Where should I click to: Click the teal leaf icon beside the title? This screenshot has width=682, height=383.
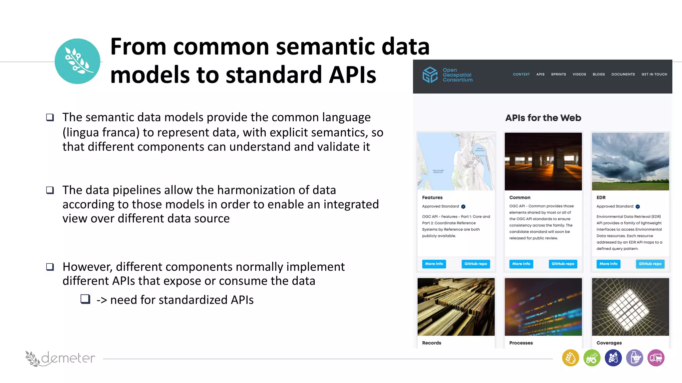(77, 61)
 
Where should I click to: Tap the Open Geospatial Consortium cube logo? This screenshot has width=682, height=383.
(430, 74)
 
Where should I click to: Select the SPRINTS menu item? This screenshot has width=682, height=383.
(558, 74)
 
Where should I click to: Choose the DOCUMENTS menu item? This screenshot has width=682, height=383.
(623, 74)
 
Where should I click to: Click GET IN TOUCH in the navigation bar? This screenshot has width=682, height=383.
(654, 74)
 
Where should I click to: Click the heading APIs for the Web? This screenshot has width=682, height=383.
(543, 118)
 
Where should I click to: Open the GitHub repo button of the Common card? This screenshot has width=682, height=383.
(563, 264)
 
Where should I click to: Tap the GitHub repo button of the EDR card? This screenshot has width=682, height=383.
(650, 264)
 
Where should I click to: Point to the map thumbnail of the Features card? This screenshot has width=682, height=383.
(456, 162)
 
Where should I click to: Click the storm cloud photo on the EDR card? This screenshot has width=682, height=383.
(630, 162)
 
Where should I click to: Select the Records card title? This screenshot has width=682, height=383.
(432, 343)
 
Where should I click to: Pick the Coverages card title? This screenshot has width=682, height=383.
(609, 343)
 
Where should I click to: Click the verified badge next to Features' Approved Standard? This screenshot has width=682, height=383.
(463, 206)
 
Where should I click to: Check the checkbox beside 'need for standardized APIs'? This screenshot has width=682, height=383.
(85, 299)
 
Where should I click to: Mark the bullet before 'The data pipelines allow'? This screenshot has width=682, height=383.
(50, 190)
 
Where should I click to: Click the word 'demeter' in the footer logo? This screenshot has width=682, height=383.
(68, 358)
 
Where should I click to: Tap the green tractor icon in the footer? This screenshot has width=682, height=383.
(592, 358)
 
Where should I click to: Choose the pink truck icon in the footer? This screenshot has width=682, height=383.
(656, 358)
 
